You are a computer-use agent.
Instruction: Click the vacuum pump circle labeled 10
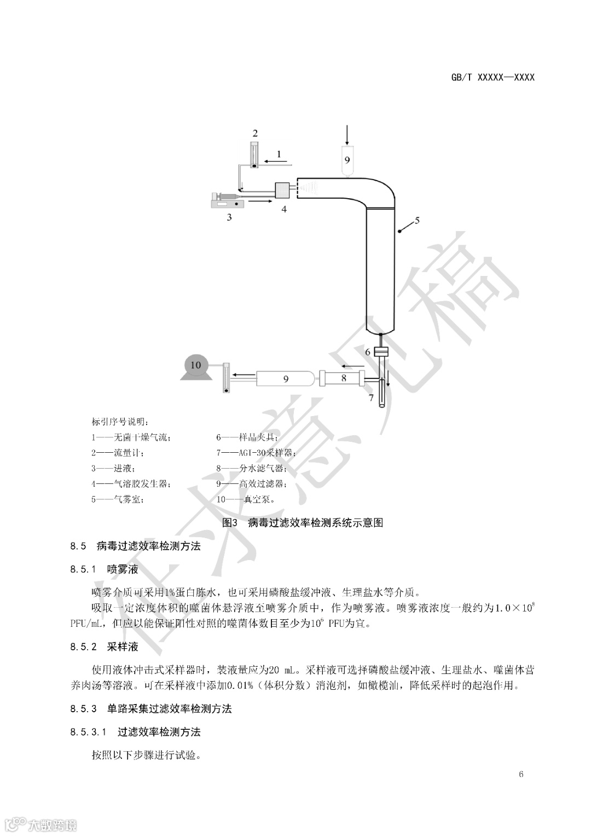click(196, 365)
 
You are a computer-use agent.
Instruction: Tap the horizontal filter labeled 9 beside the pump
click(286, 378)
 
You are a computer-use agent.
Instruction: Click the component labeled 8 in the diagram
click(343, 378)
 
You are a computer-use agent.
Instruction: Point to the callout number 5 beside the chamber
click(417, 221)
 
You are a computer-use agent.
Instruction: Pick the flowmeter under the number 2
click(254, 155)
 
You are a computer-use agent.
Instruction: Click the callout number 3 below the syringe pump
click(229, 217)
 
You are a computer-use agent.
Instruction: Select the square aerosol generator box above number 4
click(283, 190)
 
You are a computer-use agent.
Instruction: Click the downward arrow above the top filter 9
click(347, 135)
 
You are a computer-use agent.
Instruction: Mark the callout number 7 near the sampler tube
click(371, 398)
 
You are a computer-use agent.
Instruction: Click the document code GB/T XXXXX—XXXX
click(493, 77)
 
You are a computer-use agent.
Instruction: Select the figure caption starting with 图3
click(303, 522)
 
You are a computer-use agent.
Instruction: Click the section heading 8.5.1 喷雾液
click(104, 569)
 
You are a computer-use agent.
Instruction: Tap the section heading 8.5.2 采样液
click(104, 647)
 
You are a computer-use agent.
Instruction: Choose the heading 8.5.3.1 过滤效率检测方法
click(135, 731)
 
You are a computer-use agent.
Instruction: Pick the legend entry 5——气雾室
click(118, 499)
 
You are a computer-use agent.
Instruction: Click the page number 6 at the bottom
click(521, 774)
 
